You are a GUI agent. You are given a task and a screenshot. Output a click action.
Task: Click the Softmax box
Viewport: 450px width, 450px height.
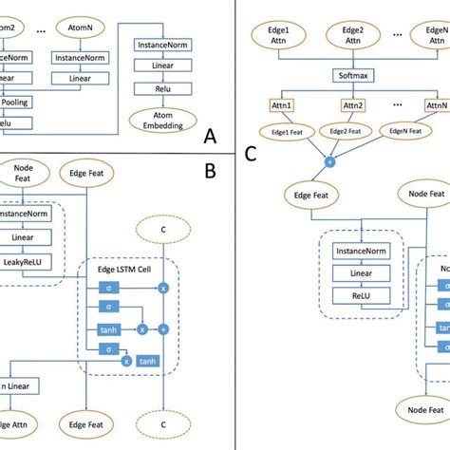[350, 72]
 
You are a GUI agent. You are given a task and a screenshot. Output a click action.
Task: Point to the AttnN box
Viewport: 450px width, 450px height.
[436, 105]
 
